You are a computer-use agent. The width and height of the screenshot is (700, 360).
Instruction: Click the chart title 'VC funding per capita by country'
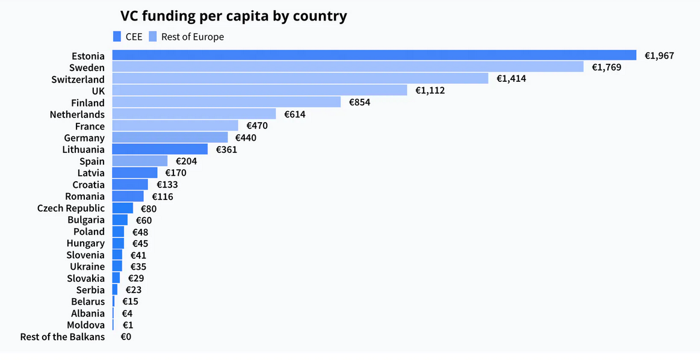pyautogui.click(x=234, y=16)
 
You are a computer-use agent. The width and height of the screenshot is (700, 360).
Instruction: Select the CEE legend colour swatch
pyautogui.click(x=117, y=37)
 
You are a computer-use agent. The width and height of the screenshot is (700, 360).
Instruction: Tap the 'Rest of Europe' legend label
pyautogui.click(x=192, y=37)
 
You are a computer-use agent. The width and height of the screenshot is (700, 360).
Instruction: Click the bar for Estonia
pyautogui.click(x=374, y=55)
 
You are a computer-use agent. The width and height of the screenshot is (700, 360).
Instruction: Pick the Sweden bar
pyautogui.click(x=347, y=67)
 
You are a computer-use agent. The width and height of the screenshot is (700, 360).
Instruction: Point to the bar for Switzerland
pyautogui.click(x=300, y=79)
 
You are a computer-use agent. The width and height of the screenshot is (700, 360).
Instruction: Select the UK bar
pyautogui.click(x=259, y=90)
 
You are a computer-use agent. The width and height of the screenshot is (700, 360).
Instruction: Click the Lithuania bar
pyautogui.click(x=160, y=149)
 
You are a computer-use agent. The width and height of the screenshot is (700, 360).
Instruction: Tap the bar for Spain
pyautogui.click(x=140, y=161)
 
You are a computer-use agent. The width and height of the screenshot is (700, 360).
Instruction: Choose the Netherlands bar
pyautogui.click(x=194, y=114)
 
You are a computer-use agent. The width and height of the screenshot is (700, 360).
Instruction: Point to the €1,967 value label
pyautogui.click(x=659, y=55)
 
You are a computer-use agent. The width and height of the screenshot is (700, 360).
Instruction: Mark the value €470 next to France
pyautogui.click(x=257, y=126)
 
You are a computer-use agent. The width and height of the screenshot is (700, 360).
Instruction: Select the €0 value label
pyautogui.click(x=126, y=337)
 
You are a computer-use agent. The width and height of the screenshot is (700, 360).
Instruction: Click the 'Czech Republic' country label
pyautogui.click(x=71, y=208)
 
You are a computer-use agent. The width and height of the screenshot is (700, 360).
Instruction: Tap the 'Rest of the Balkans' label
pyautogui.click(x=63, y=337)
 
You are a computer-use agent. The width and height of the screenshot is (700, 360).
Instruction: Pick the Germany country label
pyautogui.click(x=84, y=138)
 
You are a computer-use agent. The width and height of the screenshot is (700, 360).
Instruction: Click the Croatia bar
pyautogui.click(x=129, y=185)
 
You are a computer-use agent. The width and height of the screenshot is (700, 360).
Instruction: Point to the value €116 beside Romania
pyautogui.click(x=163, y=196)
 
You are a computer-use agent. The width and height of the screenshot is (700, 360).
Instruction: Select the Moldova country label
pyautogui.click(x=86, y=325)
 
